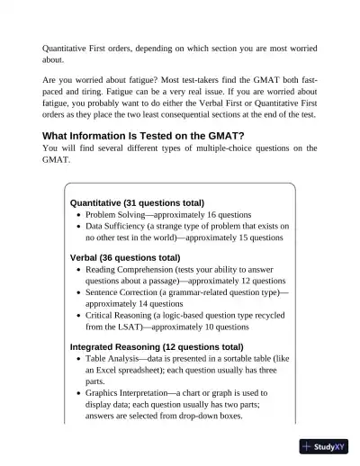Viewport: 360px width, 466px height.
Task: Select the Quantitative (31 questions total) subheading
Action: [137, 202]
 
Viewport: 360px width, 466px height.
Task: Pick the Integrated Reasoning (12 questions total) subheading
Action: [157, 346]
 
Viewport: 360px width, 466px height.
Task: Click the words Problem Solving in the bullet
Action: [118, 215]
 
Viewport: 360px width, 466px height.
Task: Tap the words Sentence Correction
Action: [123, 292]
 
